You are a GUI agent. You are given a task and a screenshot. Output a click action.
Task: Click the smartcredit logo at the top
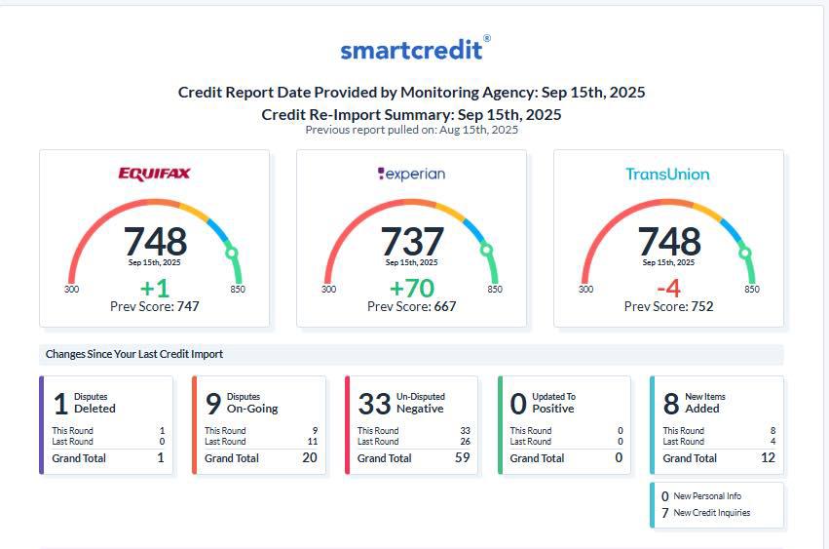(x=415, y=49)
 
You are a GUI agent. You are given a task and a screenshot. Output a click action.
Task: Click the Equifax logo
(x=154, y=174)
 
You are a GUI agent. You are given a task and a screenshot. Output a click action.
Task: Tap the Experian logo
(x=411, y=174)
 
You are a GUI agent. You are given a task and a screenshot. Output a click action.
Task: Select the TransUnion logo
(x=667, y=175)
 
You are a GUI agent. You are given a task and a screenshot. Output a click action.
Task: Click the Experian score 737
(x=412, y=242)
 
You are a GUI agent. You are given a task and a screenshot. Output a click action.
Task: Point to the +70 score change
(x=412, y=289)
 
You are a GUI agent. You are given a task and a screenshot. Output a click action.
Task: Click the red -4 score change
(x=668, y=289)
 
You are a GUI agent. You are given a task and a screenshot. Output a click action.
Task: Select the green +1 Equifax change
(x=154, y=289)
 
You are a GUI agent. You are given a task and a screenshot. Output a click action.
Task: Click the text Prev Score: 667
(x=412, y=306)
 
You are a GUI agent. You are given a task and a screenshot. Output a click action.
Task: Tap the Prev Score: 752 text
(x=669, y=306)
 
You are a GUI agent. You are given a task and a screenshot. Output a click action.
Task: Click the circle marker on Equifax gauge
(x=232, y=253)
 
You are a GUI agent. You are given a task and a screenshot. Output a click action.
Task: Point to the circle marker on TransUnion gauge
(x=745, y=253)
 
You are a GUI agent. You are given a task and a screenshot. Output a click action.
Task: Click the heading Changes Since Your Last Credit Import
(x=134, y=354)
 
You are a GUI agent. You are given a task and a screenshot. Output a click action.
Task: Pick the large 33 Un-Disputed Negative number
(x=374, y=404)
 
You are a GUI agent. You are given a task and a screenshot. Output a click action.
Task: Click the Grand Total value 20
(x=310, y=458)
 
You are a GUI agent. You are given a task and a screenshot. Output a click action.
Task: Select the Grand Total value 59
(x=463, y=458)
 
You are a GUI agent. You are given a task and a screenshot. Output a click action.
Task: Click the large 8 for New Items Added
(x=671, y=404)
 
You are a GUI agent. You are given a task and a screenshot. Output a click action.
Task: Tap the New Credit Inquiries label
(x=712, y=513)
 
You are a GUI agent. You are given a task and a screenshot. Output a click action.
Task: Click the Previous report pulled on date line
(x=412, y=130)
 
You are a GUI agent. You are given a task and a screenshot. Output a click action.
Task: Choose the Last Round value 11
(x=313, y=442)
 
